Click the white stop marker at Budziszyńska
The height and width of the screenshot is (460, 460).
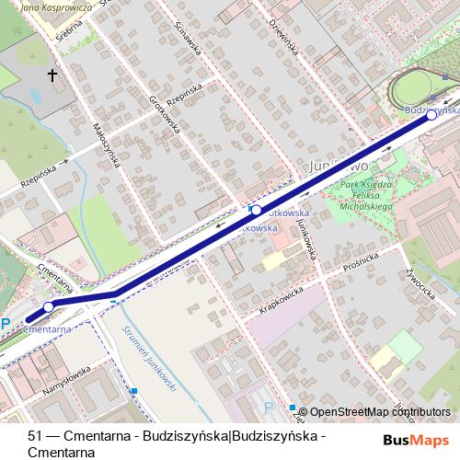tap(431, 116)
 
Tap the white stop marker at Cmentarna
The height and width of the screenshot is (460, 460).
tap(49, 307)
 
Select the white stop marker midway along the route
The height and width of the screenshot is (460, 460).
tap(256, 210)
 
